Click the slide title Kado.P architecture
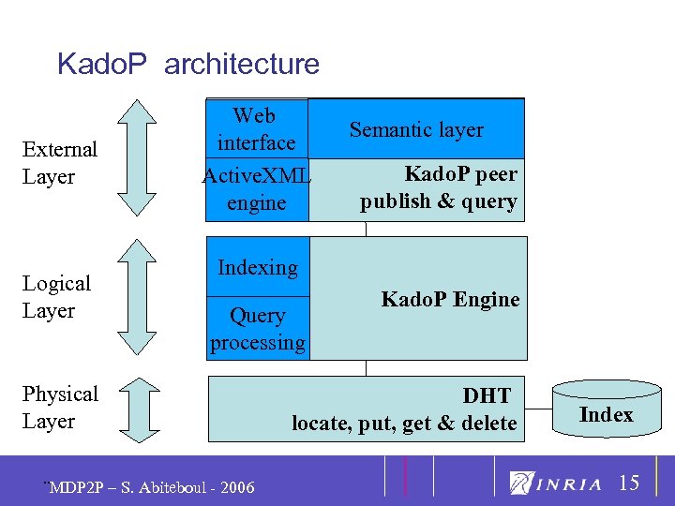188,64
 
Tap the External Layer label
60,163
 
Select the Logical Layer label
56,297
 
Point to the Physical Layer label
60,408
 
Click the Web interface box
256,129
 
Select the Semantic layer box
416,129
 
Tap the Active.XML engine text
256,188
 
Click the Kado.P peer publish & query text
439,187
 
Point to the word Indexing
257,267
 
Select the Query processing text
257,329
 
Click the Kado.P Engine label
450,300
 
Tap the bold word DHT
487,396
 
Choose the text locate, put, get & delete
404,424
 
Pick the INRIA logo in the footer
556,484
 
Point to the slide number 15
629,483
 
